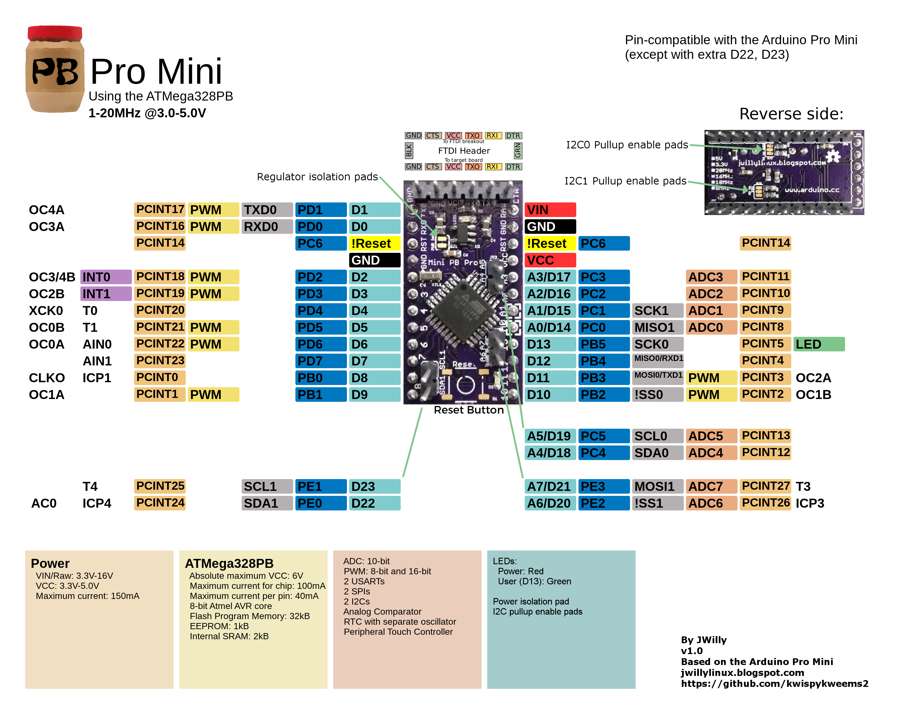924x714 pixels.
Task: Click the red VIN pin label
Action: pos(550,210)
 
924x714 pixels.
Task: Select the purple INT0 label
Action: pos(106,277)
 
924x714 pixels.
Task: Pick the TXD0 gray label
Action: pos(267,210)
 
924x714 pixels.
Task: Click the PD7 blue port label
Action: pos(320,361)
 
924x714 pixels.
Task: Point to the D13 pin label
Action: pos(550,344)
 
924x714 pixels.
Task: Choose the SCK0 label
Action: pos(657,344)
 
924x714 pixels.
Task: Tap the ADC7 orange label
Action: pos(711,486)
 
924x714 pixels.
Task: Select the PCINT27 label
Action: pos(765,486)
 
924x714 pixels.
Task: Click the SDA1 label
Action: pos(267,503)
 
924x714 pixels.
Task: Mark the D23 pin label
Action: pos(374,486)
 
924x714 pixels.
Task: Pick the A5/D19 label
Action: pos(550,436)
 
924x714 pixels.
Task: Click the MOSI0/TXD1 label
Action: pos(658,375)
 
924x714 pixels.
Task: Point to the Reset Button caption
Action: pos(468,410)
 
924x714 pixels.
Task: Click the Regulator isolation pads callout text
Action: pos(317,177)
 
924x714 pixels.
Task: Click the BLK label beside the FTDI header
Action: pos(409,151)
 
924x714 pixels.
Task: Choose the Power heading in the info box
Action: pos(50,563)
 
